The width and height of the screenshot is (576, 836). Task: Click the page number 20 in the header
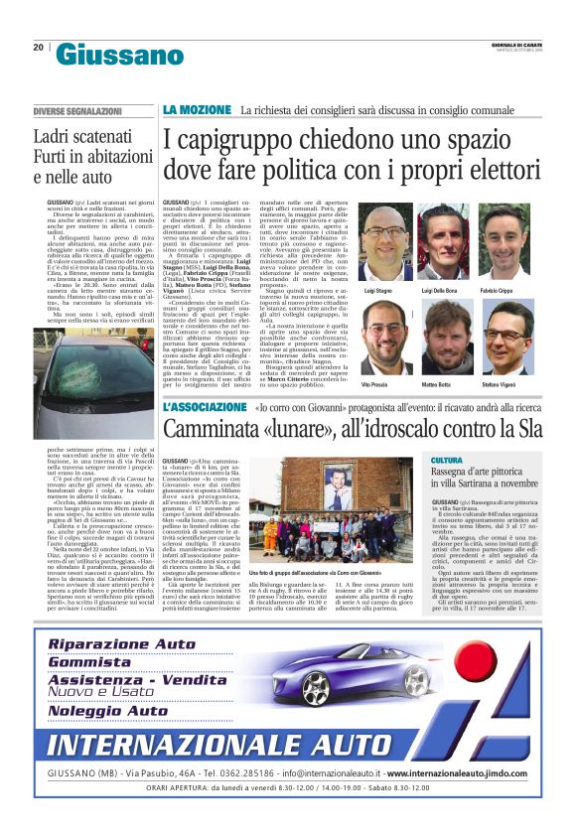point(38,47)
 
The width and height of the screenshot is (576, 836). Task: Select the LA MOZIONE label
point(198,107)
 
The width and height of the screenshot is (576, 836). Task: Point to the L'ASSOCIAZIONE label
point(204,406)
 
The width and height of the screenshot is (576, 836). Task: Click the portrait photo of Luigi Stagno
point(385,232)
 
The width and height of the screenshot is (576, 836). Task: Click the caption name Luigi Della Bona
point(440,288)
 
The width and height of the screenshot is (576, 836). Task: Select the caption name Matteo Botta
point(440,383)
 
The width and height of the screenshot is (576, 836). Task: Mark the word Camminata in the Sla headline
point(217,429)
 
